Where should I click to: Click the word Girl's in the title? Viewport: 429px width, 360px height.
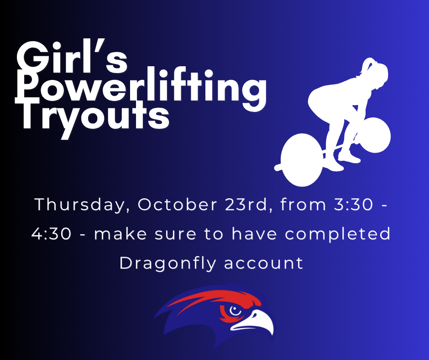pyautogui.click(x=72, y=58)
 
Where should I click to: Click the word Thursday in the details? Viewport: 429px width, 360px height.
pyautogui.click(x=79, y=205)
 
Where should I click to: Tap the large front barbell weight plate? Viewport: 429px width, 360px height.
pyautogui.click(x=301, y=159)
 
